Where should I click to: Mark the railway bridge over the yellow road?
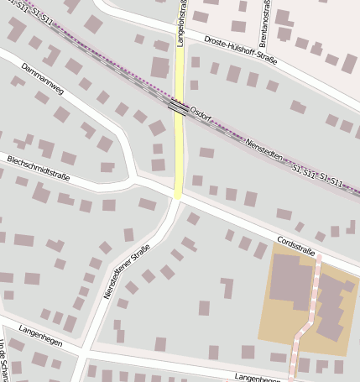pyautogui.click(x=179, y=107)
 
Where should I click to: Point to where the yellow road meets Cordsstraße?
pyautogui.click(x=178, y=197)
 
